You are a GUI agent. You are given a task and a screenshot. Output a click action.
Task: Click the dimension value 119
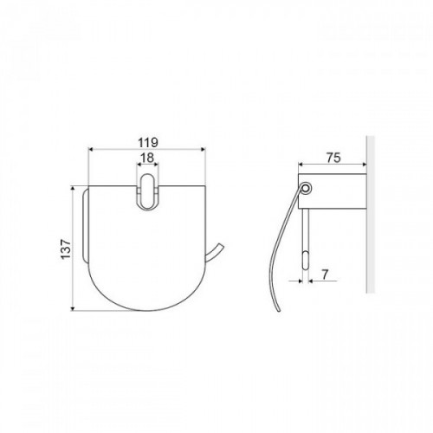(x=148, y=142)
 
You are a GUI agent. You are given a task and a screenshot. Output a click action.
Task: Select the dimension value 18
(x=147, y=158)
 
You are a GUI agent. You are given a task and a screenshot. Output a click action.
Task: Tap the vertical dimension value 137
(x=66, y=249)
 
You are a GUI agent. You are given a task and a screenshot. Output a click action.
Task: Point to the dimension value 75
(x=333, y=158)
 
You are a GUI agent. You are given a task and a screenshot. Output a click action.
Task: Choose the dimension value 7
(x=325, y=275)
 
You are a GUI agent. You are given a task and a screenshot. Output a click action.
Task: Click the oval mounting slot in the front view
(x=147, y=191)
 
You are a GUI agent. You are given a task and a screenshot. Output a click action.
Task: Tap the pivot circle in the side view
(x=306, y=188)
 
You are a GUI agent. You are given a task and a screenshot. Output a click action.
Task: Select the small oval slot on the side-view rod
(x=306, y=261)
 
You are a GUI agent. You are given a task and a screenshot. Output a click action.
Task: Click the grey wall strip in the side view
(x=371, y=214)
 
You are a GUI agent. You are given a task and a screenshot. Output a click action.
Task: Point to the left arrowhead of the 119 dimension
(x=90, y=149)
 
